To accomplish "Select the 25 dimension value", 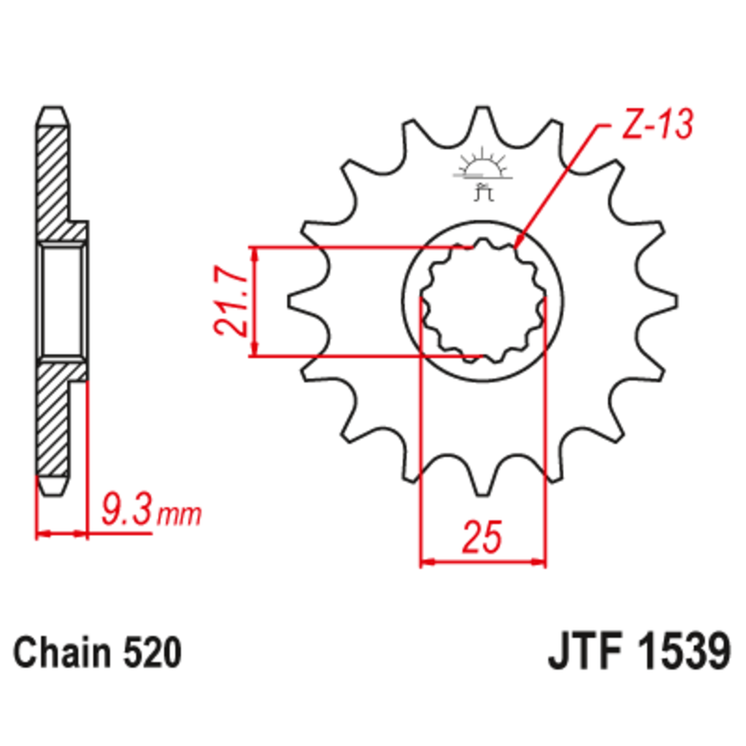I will pyautogui.click(x=482, y=538).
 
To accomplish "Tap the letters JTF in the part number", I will pyautogui.click(x=582, y=652).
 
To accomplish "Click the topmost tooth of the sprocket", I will pyautogui.click(x=483, y=117).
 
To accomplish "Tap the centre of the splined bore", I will pyautogui.click(x=482, y=301).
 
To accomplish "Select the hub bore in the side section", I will pyautogui.click(x=63, y=301).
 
